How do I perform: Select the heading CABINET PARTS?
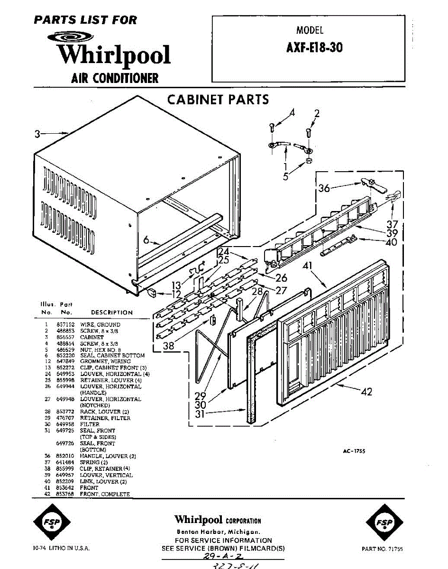tap(218, 100)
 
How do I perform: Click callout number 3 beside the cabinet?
tap(37, 134)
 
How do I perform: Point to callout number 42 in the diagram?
tap(366, 392)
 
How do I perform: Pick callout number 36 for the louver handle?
tap(324, 188)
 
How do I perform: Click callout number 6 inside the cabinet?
tap(146, 240)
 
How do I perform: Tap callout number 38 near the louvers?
tap(169, 346)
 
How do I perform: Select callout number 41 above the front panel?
tap(307, 266)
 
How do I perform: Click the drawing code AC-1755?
tap(354, 451)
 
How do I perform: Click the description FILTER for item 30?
tap(90, 424)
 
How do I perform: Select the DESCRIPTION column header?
tap(112, 312)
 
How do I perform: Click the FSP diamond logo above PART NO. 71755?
tap(382, 523)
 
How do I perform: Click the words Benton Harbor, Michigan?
tap(218, 532)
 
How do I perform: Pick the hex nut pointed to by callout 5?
tap(308, 161)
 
